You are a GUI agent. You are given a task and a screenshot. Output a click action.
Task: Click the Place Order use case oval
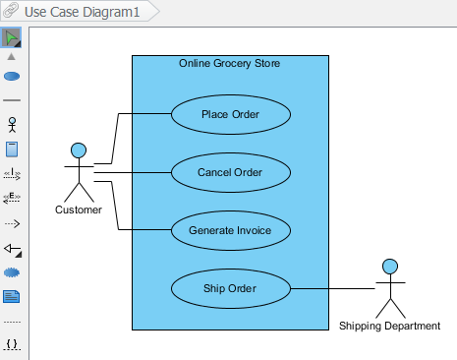click(230, 114)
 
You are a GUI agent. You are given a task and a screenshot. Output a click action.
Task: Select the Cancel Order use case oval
click(230, 173)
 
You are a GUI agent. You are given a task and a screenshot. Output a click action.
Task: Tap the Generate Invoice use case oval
click(230, 231)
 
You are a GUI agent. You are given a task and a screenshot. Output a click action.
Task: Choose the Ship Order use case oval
click(230, 289)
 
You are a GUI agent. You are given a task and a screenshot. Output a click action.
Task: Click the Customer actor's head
click(79, 150)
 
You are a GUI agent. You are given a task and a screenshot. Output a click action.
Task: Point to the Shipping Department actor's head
click(390, 266)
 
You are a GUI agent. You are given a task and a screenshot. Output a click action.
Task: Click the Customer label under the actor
click(79, 210)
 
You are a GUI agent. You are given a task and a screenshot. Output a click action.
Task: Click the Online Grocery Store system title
click(230, 63)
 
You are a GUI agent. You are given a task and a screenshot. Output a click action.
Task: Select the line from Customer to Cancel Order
click(133, 173)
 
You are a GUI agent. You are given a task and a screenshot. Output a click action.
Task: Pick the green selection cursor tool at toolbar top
click(12, 37)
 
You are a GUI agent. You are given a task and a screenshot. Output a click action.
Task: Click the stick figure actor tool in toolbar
click(12, 125)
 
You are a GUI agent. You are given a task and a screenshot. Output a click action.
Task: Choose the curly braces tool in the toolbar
click(12, 344)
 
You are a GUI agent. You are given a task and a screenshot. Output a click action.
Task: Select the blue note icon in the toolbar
click(12, 296)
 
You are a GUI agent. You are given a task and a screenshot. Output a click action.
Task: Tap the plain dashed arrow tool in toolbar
click(12, 223)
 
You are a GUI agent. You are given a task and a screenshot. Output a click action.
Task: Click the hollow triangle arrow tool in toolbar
click(12, 249)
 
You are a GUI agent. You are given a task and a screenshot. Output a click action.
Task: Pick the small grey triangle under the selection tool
click(12, 57)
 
